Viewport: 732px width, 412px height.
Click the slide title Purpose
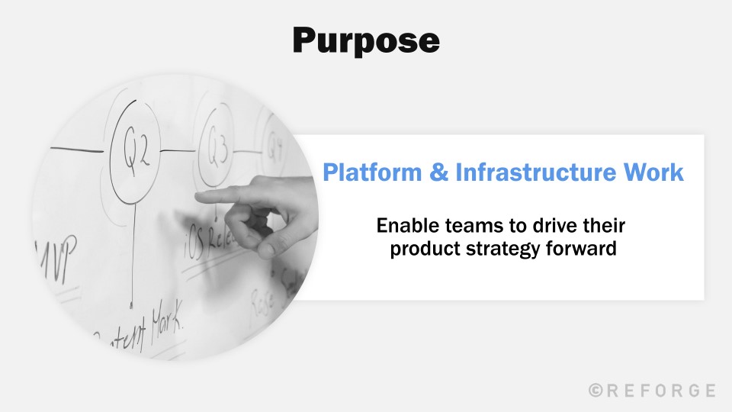366,40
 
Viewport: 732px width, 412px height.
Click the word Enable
406,227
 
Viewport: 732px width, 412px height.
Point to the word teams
469,227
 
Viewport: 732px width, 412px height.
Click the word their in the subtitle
602,227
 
